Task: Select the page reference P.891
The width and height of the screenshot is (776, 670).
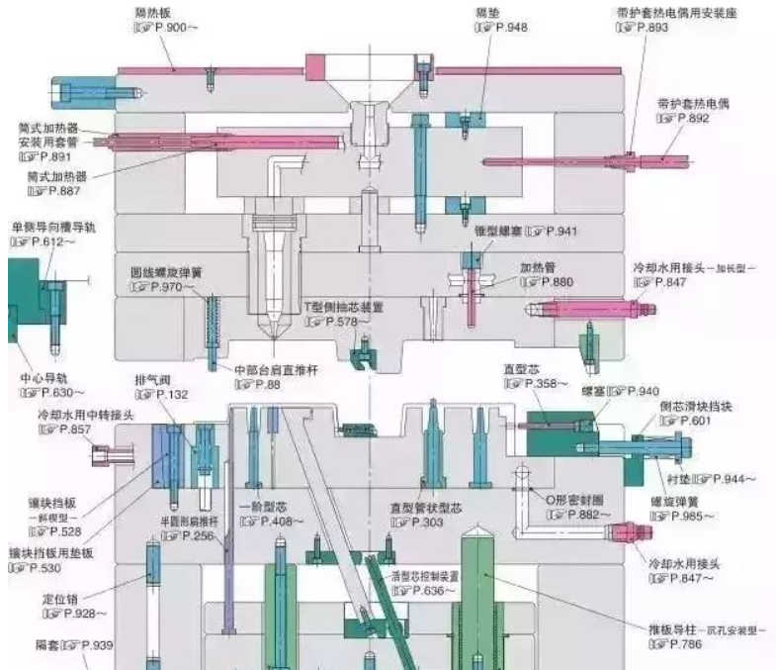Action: pyautogui.click(x=44, y=155)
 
